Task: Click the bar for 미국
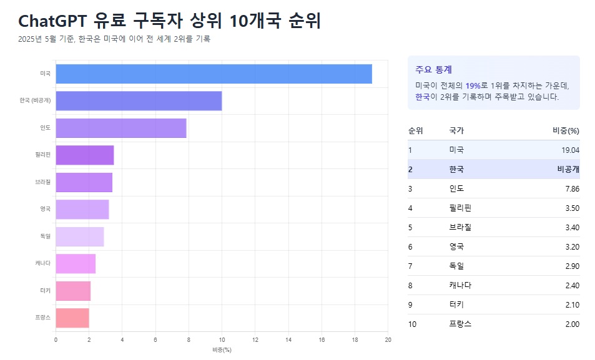[x=214, y=74]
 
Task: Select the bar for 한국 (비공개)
[x=139, y=100]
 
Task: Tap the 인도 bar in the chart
[x=121, y=128]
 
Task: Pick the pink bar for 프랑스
[x=72, y=318]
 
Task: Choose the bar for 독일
[x=80, y=236]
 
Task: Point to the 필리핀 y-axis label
[x=43, y=155]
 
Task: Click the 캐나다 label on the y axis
[x=43, y=263]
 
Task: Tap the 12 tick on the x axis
[x=255, y=340]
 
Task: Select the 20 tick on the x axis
[x=388, y=340]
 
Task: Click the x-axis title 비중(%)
[x=222, y=349]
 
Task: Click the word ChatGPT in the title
[x=52, y=21]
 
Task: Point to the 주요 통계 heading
[x=433, y=69]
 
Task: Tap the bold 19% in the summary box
[x=473, y=85]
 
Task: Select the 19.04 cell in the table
[x=570, y=150]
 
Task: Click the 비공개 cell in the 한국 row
[x=568, y=169]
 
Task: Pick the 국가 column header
[x=456, y=130]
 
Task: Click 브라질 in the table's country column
[x=460, y=227]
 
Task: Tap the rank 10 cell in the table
[x=412, y=324]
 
